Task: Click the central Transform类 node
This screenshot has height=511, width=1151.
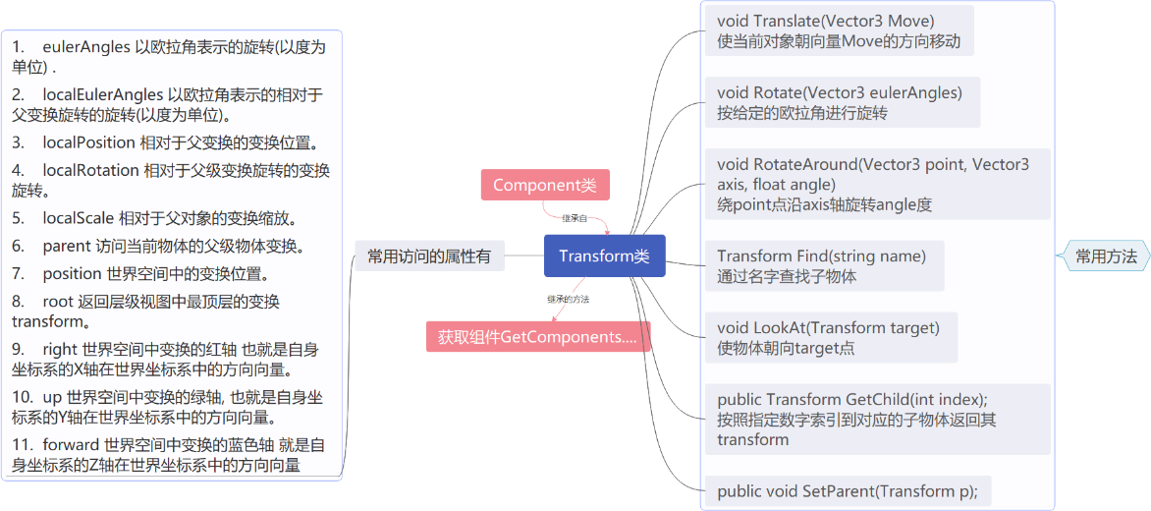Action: tap(604, 256)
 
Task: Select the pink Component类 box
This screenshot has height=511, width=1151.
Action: tap(545, 185)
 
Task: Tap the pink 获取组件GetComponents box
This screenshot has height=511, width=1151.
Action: tap(538, 337)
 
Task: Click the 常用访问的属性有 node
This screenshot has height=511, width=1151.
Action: tap(428, 256)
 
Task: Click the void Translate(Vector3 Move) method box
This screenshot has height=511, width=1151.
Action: tap(839, 30)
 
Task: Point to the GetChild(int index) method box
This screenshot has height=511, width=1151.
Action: tap(877, 419)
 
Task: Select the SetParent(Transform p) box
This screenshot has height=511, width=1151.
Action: tap(853, 489)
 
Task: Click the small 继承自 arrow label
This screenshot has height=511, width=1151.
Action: tap(575, 217)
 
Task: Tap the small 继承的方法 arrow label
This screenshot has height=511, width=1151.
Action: tap(575, 298)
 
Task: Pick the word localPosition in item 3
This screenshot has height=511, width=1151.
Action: tap(88, 142)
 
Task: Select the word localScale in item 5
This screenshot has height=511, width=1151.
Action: tap(78, 217)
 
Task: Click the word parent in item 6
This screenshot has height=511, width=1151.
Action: tap(68, 246)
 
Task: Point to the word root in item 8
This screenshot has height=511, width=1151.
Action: tap(59, 301)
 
